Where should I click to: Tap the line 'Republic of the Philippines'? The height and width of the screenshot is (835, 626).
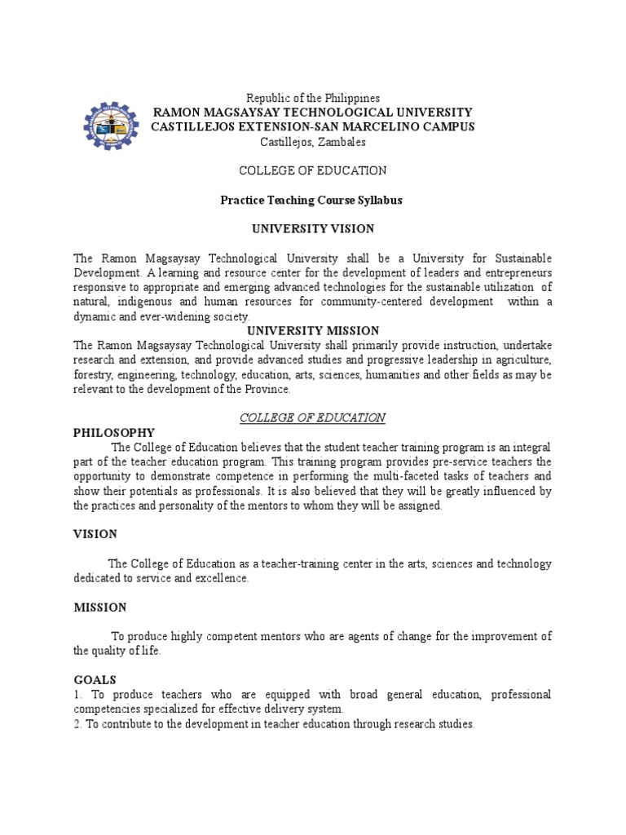[x=313, y=98]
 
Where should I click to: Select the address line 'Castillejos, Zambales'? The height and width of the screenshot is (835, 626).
[x=313, y=141]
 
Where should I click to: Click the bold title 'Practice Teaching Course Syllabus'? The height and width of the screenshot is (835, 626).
[x=312, y=200]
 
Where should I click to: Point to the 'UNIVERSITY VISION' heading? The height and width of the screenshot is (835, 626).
[x=312, y=229]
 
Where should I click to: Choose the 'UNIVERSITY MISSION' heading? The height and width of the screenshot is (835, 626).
[x=313, y=331]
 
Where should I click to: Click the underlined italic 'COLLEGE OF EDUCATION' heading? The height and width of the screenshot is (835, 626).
[x=312, y=417]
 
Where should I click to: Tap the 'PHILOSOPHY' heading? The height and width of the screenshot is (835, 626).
[x=114, y=432]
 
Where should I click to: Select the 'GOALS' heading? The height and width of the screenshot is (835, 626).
[x=95, y=679]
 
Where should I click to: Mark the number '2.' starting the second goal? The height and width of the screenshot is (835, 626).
[x=78, y=724]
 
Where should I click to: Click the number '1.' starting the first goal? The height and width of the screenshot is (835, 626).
[x=77, y=695]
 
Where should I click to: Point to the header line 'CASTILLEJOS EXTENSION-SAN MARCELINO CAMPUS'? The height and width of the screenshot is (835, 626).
[x=313, y=126]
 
